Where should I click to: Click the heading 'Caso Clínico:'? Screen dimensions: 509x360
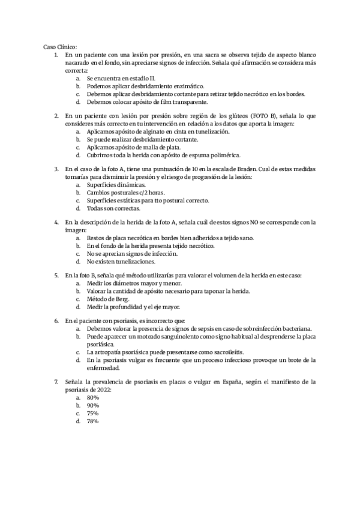point(60,47)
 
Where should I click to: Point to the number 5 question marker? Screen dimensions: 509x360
point(56,276)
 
